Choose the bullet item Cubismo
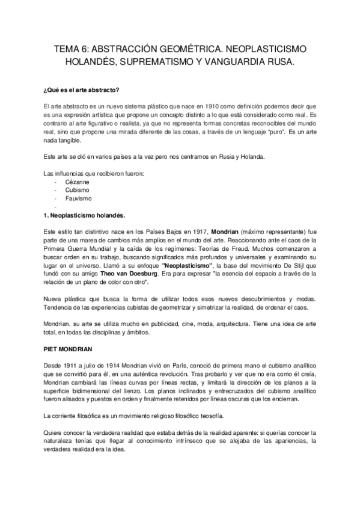coord(75,190)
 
